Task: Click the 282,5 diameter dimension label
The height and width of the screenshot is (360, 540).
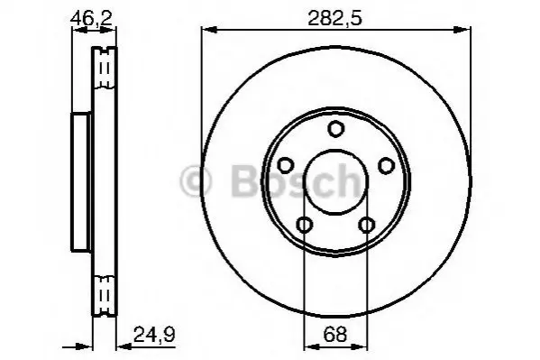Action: click(334, 18)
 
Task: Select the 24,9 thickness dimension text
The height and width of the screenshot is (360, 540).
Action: click(154, 334)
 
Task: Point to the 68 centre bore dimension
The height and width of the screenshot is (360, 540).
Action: click(335, 334)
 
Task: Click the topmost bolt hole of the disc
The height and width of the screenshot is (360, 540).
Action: click(335, 129)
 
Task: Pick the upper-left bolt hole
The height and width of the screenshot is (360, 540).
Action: click(285, 165)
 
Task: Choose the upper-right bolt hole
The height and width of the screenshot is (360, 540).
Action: click(386, 165)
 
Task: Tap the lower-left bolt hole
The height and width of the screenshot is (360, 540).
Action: click(305, 226)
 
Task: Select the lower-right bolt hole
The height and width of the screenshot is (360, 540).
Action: click(366, 226)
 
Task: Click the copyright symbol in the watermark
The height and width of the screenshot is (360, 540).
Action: click(196, 181)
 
